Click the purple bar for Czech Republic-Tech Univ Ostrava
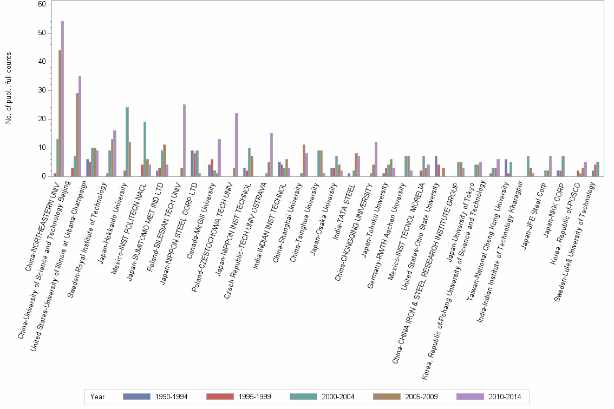(x=271, y=155)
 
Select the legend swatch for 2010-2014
(x=470, y=397)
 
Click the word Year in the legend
(x=97, y=397)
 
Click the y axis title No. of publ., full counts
(x=9, y=88)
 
